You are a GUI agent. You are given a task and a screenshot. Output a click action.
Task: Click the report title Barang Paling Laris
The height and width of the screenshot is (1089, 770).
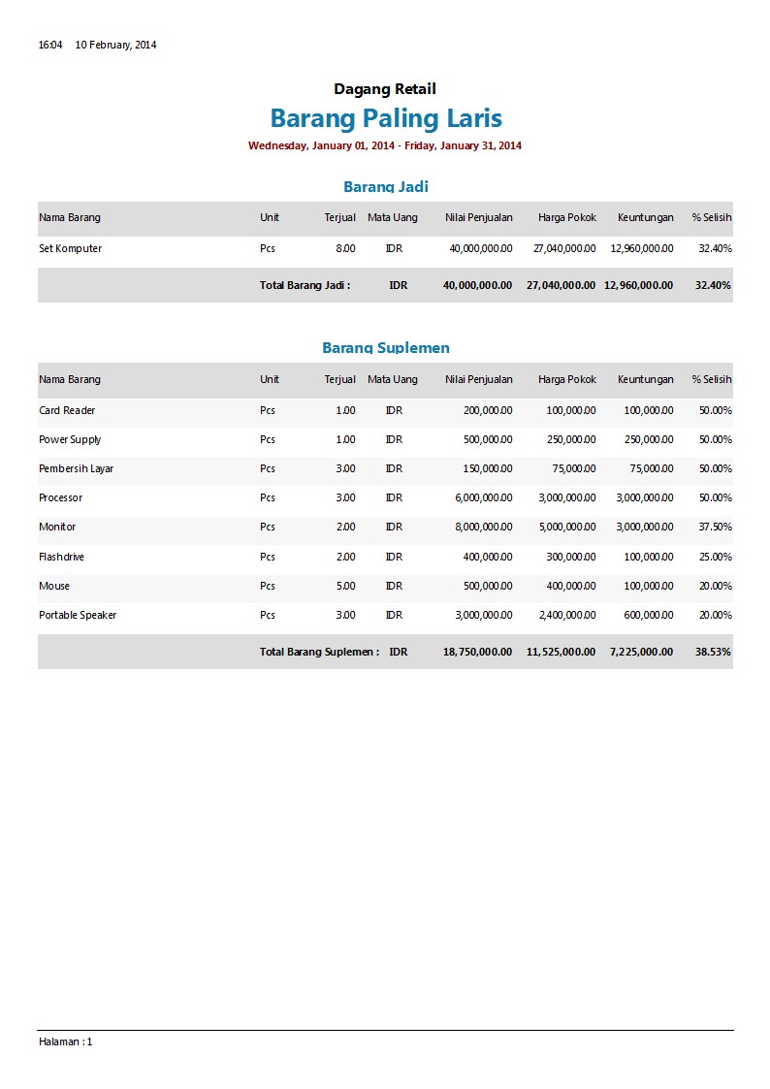point(386,118)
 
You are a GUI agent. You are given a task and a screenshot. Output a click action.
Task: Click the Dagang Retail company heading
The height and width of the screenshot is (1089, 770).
point(385,89)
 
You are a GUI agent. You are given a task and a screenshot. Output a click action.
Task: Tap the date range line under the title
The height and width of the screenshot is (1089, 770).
point(385,145)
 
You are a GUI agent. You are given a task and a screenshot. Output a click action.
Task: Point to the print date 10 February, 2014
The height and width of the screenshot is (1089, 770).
point(115,45)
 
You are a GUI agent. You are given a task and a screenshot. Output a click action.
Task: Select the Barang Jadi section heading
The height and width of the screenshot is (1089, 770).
point(385,186)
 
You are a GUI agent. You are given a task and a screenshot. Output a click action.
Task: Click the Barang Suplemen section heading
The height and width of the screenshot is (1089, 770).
point(385,347)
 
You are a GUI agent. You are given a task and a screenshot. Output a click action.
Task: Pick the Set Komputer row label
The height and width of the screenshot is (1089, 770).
point(70,248)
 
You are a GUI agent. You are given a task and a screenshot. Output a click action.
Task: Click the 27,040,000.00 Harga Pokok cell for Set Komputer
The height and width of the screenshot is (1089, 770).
point(564,248)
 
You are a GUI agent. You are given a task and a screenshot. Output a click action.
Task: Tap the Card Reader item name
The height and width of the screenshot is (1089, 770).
point(67,410)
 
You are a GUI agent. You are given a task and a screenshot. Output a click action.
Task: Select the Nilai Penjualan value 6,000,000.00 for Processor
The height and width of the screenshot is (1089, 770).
point(483,497)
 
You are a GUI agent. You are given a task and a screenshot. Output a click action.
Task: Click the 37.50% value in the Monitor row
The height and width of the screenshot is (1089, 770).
point(715,527)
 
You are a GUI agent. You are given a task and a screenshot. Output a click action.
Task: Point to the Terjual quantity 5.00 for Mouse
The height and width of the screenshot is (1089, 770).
point(345,586)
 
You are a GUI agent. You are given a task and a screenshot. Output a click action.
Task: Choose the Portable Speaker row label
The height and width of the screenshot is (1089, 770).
point(78,615)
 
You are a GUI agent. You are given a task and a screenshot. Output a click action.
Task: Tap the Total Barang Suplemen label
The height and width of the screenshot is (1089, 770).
point(319,652)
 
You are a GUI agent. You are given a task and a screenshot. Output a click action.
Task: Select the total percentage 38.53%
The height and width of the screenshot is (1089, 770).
point(713,652)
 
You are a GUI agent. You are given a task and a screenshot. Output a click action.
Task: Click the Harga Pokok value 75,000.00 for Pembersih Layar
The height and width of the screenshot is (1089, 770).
point(571,468)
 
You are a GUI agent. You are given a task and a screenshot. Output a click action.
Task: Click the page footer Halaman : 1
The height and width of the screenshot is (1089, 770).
point(65,1041)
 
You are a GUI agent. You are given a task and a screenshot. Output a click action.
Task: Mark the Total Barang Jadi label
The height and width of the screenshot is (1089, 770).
point(305,285)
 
